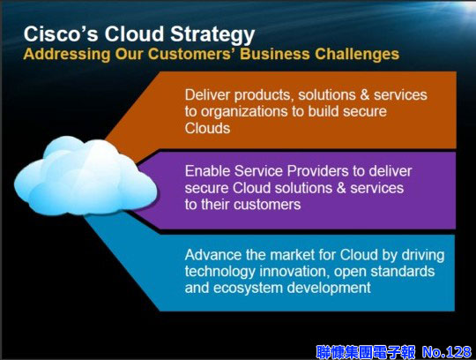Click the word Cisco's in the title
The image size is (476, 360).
pyautogui.click(x=61, y=34)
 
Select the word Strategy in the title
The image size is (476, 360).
pyautogui.click(x=212, y=35)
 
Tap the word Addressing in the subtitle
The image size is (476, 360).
pyautogui.click(x=67, y=54)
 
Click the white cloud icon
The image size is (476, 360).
pyautogui.click(x=86, y=176)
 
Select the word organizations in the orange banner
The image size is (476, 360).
pyautogui.click(x=244, y=112)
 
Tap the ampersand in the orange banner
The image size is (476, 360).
pyautogui.click(x=365, y=94)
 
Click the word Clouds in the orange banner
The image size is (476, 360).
pyautogui.click(x=207, y=128)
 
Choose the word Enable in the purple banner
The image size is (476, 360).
pyautogui.click(x=208, y=171)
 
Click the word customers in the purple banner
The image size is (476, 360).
pyautogui.click(x=265, y=205)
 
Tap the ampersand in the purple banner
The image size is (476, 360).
pyautogui.click(x=341, y=188)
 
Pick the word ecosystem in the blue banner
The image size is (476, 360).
pyautogui.click(x=248, y=288)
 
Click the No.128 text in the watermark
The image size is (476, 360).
pyautogui.click(x=447, y=352)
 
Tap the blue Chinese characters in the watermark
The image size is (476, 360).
pyautogui.click(x=366, y=352)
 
